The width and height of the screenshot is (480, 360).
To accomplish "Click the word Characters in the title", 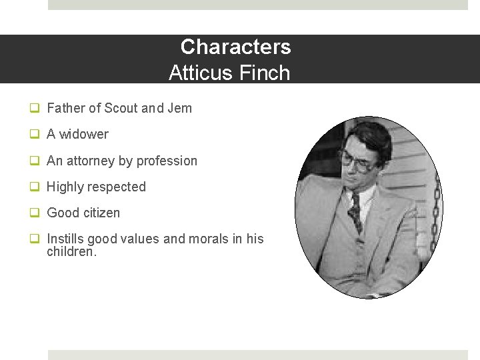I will [x=235, y=47].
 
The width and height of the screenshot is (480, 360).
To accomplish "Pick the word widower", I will [x=83, y=134].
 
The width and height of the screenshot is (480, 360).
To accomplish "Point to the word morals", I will [x=209, y=239].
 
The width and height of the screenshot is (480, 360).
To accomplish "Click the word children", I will [x=71, y=252].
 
